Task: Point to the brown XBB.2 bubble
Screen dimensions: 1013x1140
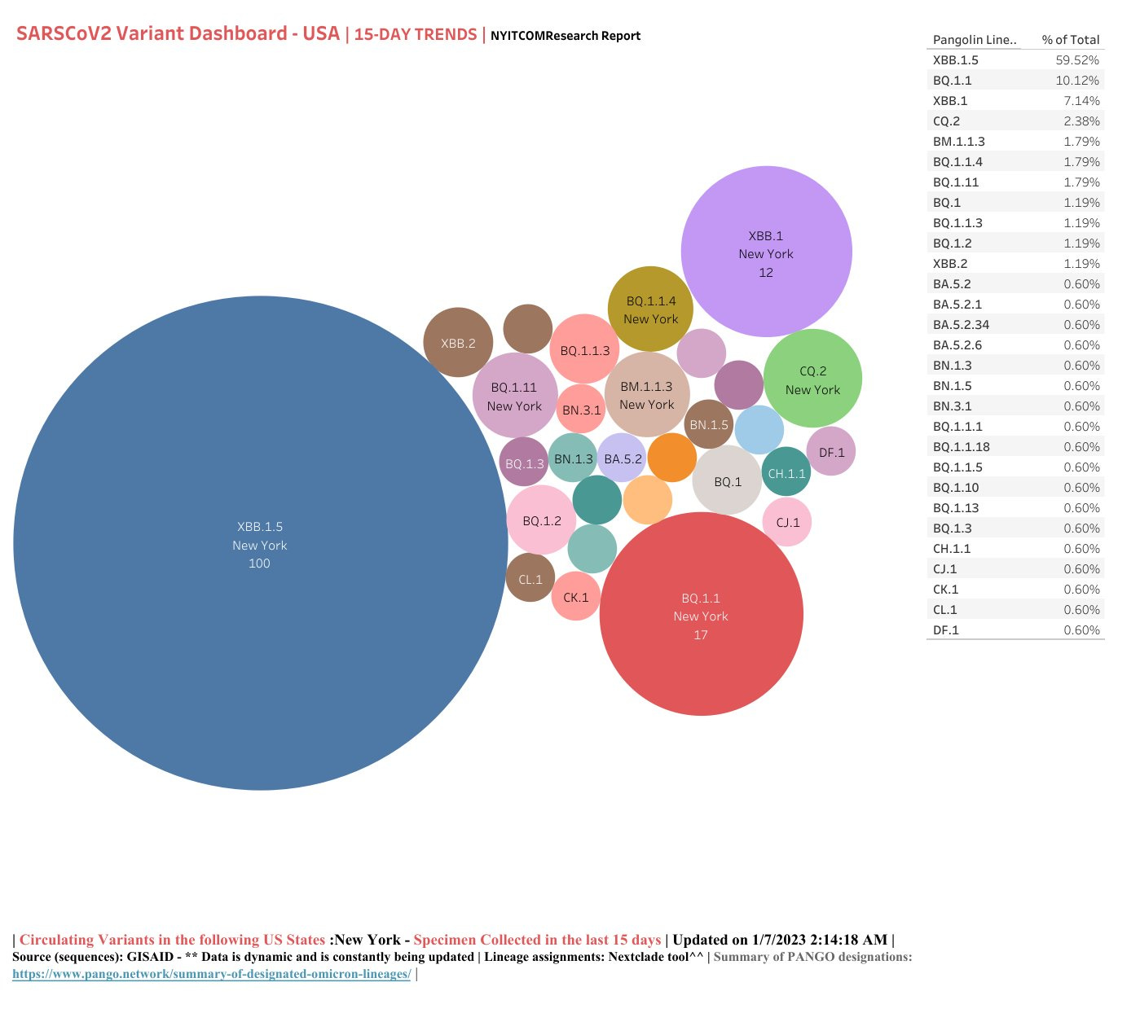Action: pos(458,343)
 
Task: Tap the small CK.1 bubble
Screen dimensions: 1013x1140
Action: pos(576,597)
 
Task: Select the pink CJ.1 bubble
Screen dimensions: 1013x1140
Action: pos(787,522)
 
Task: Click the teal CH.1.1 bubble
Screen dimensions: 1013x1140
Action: pos(786,472)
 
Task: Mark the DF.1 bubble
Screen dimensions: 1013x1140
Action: pos(831,452)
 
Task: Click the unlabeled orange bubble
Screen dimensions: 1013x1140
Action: pos(672,457)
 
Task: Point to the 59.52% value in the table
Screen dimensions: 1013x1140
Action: pos(1076,60)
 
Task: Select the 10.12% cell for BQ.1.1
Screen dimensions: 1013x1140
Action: pos(1076,81)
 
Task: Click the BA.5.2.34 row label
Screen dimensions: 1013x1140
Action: pos(961,325)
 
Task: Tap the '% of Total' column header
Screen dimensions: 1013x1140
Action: pos(1070,40)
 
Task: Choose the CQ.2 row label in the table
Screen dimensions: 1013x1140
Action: pos(946,121)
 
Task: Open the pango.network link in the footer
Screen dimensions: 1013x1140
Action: pos(211,974)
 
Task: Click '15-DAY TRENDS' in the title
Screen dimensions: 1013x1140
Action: pos(416,35)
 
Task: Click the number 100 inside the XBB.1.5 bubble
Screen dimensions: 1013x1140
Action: pos(259,564)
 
